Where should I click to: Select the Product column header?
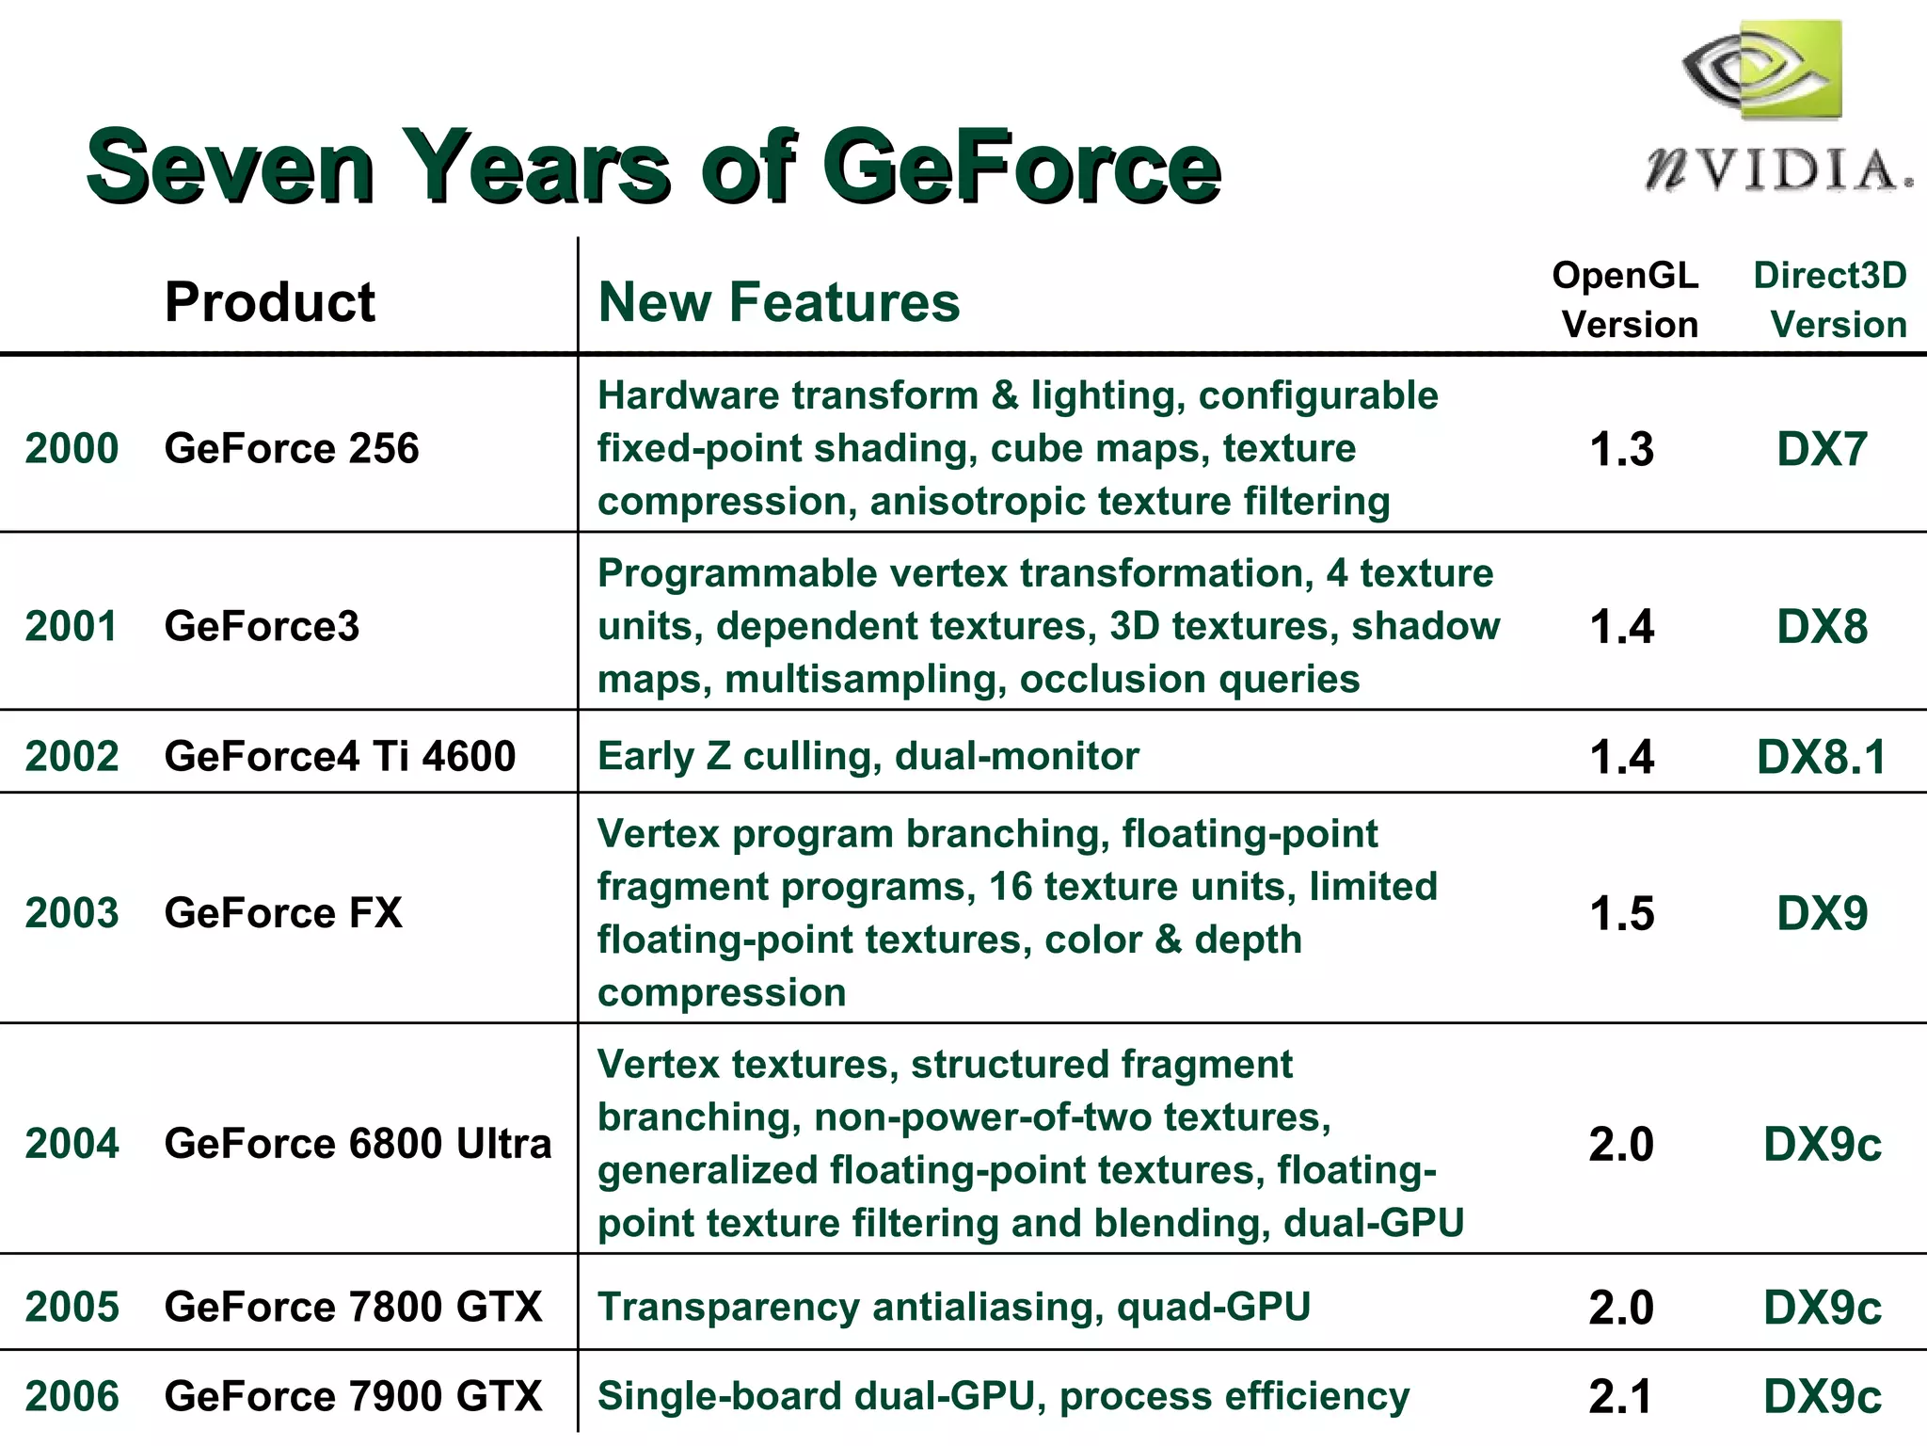[269, 302]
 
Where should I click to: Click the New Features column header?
[779, 302]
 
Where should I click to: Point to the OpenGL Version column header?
[1626, 299]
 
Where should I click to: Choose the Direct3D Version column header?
[1831, 299]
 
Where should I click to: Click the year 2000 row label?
[72, 448]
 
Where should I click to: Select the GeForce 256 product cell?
[292, 448]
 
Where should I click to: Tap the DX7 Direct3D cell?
[1822, 449]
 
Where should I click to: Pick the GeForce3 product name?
[262, 626]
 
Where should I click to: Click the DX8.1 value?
[1822, 757]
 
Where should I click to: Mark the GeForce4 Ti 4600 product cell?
[340, 756]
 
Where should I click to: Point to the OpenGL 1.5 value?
[1621, 913]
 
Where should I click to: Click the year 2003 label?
[72, 912]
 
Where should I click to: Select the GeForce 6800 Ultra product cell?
[358, 1143]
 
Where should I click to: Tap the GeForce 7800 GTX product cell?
[353, 1307]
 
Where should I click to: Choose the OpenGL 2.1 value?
[1620, 1396]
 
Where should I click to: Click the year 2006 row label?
[72, 1396]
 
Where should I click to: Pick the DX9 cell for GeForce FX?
[1822, 913]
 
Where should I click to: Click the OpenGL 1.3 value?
[1621, 449]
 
